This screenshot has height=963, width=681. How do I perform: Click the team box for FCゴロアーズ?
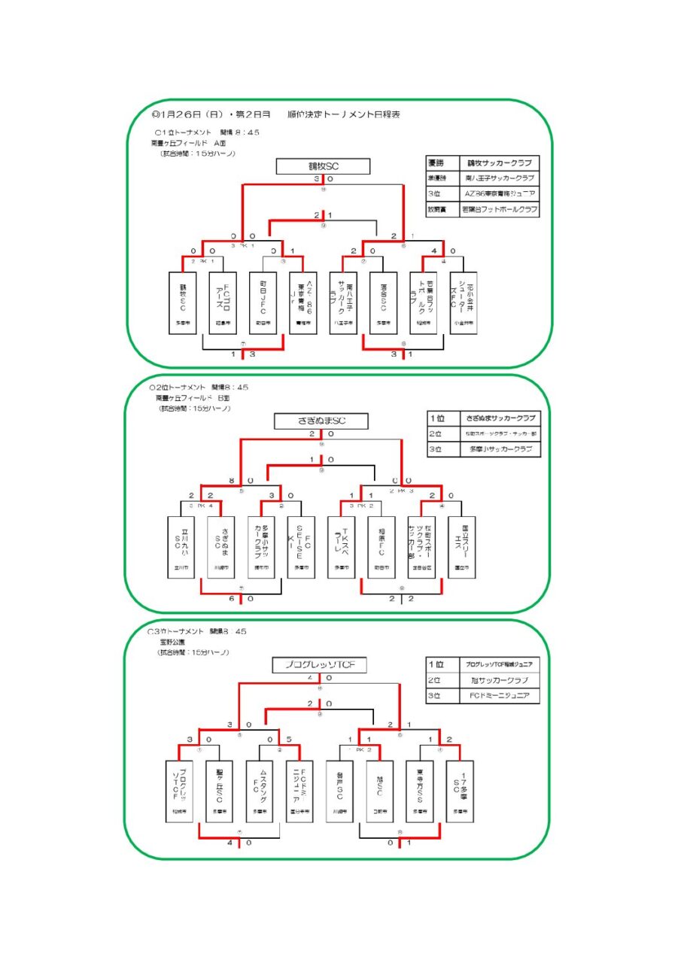tap(222, 302)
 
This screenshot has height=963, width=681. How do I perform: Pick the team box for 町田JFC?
tap(262, 302)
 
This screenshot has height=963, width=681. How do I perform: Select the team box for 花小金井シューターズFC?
tap(463, 302)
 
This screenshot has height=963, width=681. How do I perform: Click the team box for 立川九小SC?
tap(181, 546)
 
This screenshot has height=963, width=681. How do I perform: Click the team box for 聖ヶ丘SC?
tap(219, 791)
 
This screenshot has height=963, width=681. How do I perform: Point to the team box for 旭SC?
tap(381, 791)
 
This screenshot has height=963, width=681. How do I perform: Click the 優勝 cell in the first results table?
tap(441, 163)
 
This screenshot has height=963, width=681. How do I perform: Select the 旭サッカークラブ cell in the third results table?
tap(500, 681)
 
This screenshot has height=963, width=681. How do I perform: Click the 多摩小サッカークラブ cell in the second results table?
tap(500, 450)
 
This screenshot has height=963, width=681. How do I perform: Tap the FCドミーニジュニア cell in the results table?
tap(500, 697)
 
